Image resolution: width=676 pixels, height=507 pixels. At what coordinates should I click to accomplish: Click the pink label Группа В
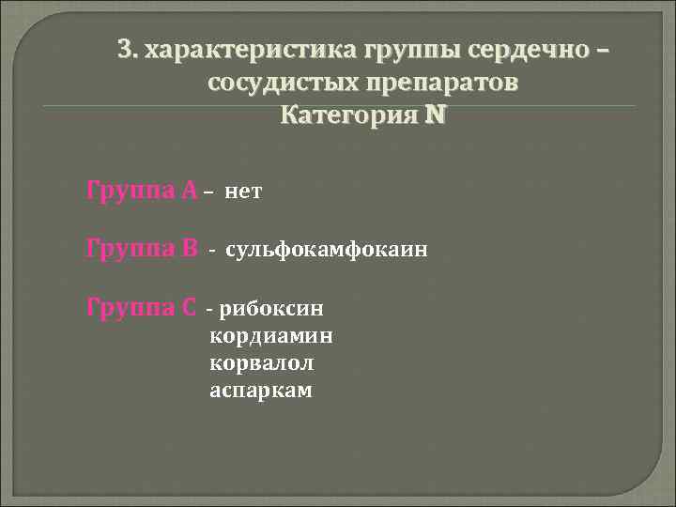click(x=142, y=249)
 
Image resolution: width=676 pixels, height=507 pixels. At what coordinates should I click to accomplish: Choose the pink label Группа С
click(x=142, y=306)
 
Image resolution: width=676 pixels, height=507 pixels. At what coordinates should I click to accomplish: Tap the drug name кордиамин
click(x=271, y=334)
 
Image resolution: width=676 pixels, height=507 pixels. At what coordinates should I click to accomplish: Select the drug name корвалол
click(x=262, y=361)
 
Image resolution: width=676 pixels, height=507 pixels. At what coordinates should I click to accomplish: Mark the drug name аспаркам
click(x=261, y=389)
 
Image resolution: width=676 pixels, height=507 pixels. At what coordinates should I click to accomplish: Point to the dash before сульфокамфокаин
click(x=212, y=251)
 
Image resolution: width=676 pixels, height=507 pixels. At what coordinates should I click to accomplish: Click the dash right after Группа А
click(x=207, y=192)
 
